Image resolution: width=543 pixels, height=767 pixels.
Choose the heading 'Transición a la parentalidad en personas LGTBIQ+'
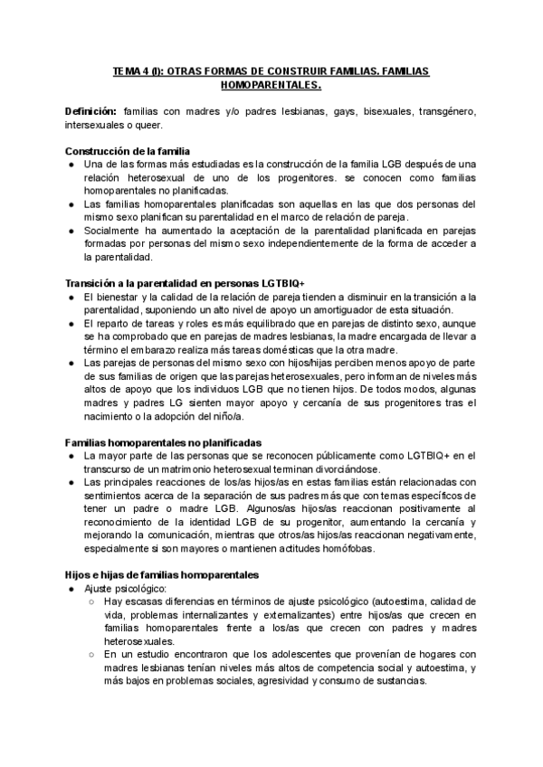tap(186, 284)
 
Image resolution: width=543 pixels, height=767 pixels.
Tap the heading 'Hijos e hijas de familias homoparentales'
tap(163, 575)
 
